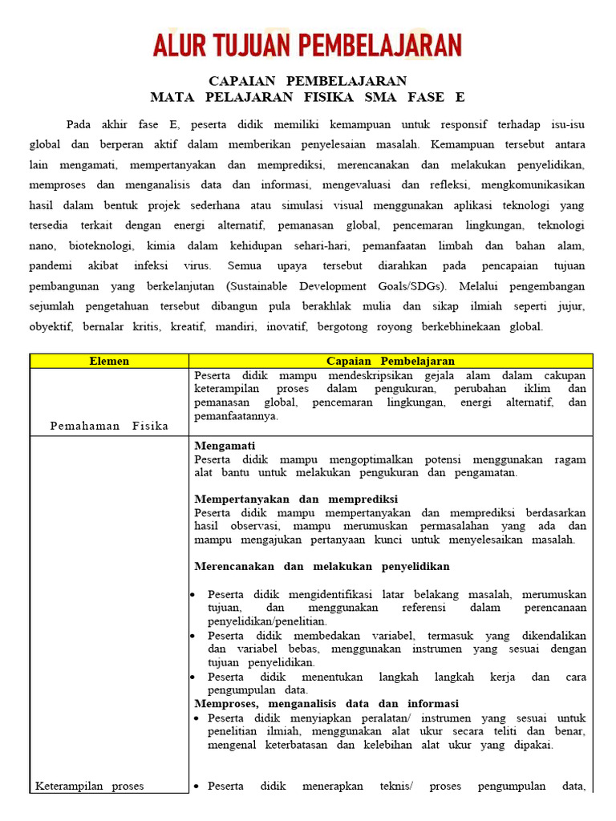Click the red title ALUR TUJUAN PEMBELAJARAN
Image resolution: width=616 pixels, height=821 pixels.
(307, 45)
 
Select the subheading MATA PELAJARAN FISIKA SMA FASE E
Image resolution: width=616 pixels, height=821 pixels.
(307, 98)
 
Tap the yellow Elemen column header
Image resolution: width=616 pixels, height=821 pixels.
(109, 361)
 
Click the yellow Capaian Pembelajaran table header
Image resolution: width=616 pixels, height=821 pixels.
(391, 361)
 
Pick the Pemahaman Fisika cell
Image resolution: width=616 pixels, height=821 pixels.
(109, 426)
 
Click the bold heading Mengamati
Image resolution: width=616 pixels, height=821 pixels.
(225, 445)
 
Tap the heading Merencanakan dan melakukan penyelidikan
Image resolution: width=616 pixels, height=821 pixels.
(322, 566)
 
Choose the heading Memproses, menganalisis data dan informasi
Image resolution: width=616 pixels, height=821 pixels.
(326, 703)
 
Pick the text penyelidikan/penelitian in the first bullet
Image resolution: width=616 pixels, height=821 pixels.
(267, 621)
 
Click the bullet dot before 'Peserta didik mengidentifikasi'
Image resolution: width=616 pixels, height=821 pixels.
(193, 594)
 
